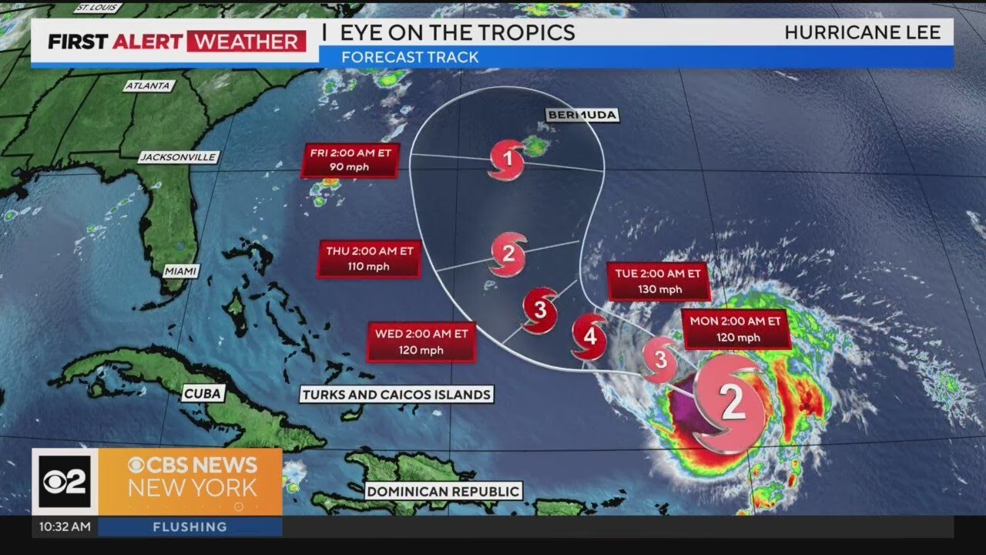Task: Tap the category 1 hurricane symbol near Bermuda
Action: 507,160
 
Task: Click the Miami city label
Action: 181,271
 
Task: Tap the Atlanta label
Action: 147,86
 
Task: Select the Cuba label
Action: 203,394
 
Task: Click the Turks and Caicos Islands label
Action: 396,395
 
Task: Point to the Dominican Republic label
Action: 443,491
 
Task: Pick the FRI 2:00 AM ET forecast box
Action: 350,160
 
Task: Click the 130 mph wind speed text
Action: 659,290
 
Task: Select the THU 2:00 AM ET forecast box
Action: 368,258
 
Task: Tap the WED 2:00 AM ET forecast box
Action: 421,341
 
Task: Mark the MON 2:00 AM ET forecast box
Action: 736,329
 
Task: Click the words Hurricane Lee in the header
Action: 862,32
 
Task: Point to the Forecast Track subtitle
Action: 409,57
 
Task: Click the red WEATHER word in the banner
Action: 246,42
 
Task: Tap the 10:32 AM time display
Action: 64,527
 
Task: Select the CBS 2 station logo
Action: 64,481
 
